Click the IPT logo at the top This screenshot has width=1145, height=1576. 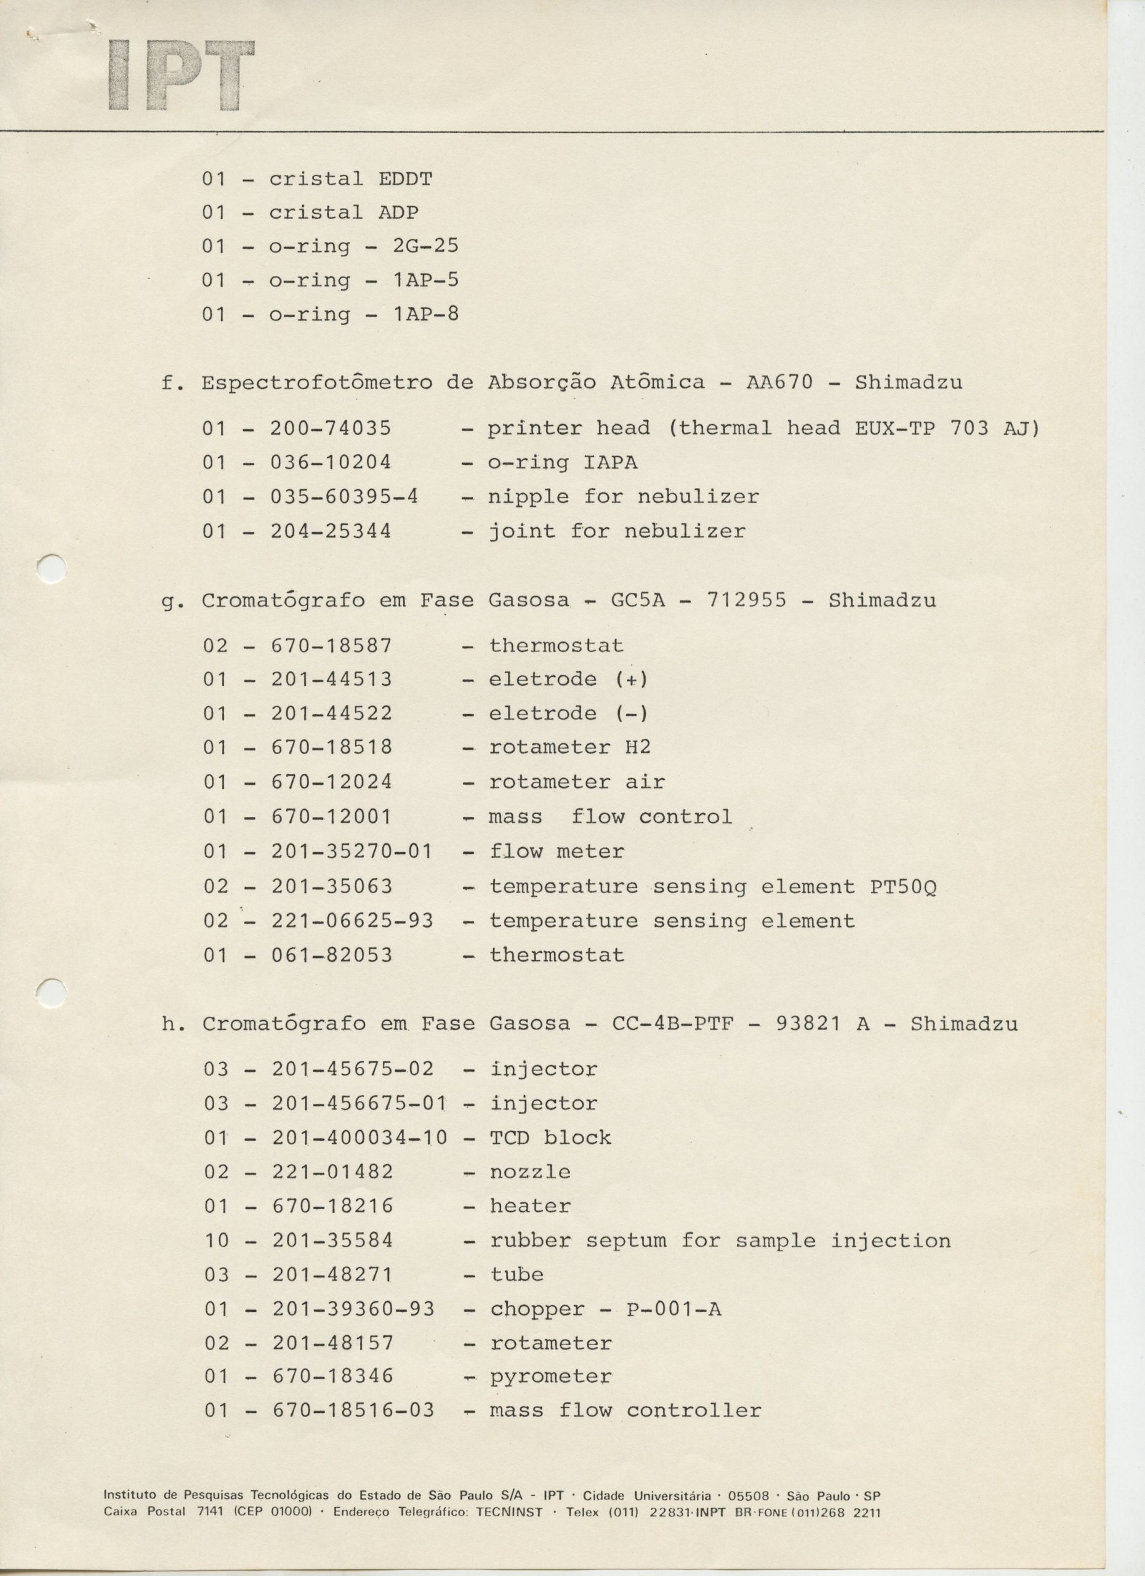[x=182, y=75]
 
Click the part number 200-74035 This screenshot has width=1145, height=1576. [x=331, y=428]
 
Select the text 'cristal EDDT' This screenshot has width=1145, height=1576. [x=350, y=179]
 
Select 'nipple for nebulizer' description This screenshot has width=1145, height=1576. [x=623, y=497]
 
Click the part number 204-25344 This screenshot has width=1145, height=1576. [x=331, y=531]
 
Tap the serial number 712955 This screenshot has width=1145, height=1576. [x=746, y=600]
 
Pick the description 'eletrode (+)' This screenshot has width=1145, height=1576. [x=568, y=679]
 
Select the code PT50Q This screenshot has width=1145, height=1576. [x=902, y=886]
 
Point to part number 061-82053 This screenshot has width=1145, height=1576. [x=331, y=955]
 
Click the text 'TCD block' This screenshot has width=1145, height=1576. [x=550, y=1138]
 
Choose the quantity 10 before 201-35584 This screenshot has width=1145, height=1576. [x=216, y=1240]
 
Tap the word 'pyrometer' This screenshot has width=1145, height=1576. [x=551, y=1376]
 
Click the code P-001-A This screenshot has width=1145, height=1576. [x=673, y=1309]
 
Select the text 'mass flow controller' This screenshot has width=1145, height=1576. [x=625, y=1410]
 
